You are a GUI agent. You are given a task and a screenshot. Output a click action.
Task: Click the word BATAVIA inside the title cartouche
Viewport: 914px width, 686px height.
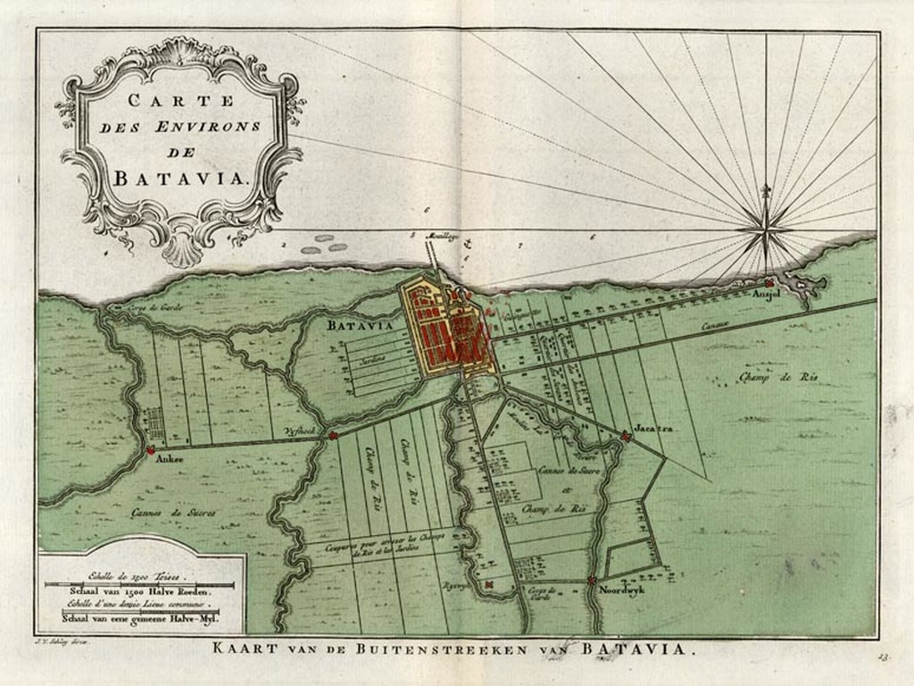pos(179,176)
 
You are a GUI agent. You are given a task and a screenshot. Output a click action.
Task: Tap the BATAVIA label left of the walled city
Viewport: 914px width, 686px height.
pos(360,326)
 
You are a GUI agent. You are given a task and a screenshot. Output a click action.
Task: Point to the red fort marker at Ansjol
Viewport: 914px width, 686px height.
pos(769,282)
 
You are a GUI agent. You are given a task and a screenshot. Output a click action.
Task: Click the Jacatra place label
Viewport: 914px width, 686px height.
pos(653,429)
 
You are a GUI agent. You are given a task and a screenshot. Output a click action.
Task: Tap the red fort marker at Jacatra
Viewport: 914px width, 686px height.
pos(627,436)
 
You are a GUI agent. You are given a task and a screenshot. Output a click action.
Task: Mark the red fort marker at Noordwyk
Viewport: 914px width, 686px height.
pos(592,581)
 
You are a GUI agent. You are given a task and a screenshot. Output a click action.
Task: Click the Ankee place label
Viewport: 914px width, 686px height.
pos(169,460)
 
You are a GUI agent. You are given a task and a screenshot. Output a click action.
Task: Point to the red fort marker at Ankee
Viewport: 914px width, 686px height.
pos(151,450)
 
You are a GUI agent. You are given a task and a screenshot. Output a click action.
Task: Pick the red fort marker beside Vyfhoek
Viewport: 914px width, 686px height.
pos(333,436)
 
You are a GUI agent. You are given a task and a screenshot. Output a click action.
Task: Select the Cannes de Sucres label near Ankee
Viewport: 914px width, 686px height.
pos(173,513)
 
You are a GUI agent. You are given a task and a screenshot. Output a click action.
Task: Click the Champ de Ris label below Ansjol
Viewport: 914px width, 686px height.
pos(777,377)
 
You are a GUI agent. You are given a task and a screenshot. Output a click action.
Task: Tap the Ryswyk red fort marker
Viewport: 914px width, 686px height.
pos(488,585)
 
